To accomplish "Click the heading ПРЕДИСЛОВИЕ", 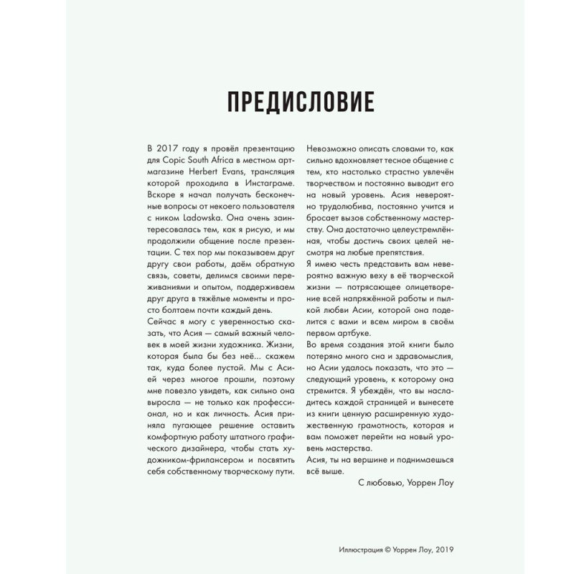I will pyautogui.click(x=300, y=102).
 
